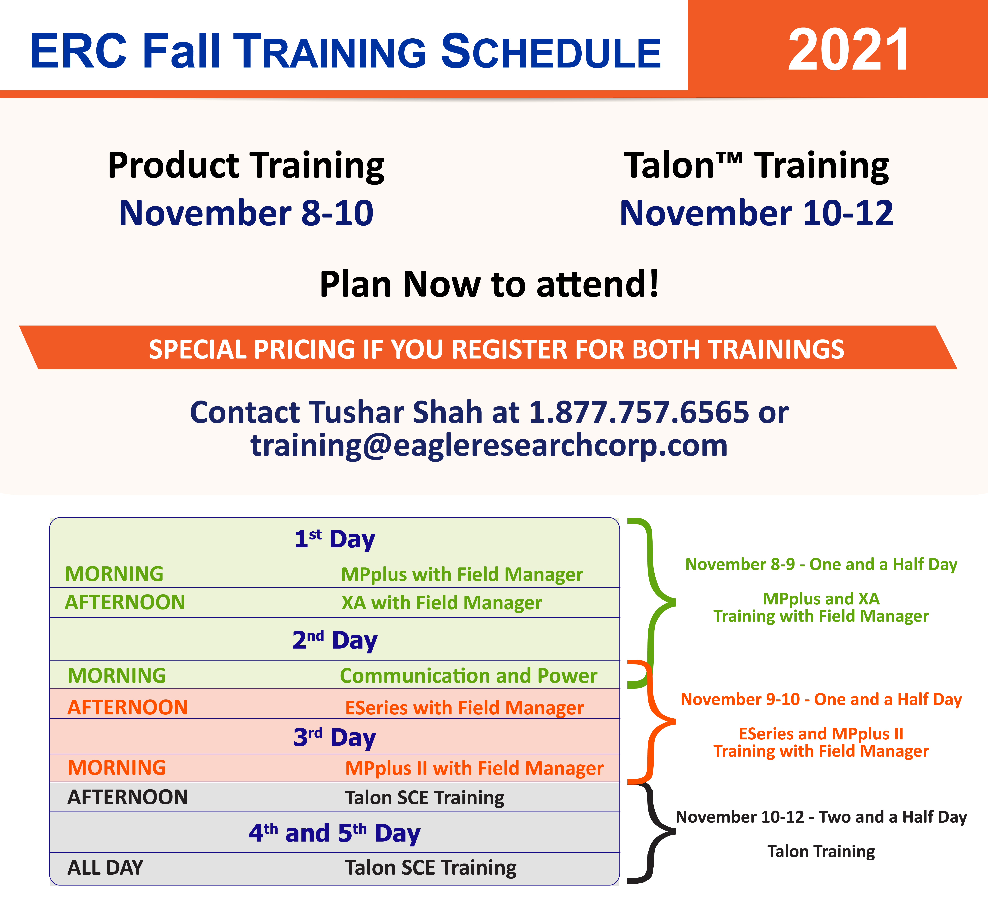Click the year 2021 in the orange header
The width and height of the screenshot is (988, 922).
click(x=848, y=50)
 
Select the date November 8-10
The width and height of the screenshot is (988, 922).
click(x=246, y=213)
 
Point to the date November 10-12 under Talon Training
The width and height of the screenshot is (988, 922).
click(x=756, y=213)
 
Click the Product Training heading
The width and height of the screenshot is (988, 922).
click(x=246, y=165)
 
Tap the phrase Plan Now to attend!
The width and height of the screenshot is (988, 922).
click(x=490, y=284)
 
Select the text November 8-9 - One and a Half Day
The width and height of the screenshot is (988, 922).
click(x=821, y=565)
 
